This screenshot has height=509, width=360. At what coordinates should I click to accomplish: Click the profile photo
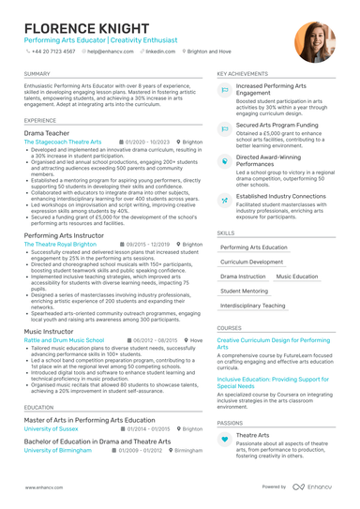(x=314, y=42)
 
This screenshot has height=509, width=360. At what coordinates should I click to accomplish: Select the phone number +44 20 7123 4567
(x=55, y=52)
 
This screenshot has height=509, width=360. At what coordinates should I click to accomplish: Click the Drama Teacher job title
(x=47, y=133)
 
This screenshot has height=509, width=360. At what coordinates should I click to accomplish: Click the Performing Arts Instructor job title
(x=65, y=234)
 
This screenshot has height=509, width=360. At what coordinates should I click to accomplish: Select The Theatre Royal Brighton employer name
(x=60, y=244)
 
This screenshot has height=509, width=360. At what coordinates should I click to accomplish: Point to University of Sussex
(x=51, y=428)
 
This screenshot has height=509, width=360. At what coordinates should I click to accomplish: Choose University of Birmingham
(x=58, y=450)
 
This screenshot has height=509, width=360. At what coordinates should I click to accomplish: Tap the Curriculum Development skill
(x=252, y=262)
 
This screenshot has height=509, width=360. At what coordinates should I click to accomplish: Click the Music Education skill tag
(x=297, y=277)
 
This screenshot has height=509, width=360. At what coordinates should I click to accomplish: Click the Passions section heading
(x=230, y=423)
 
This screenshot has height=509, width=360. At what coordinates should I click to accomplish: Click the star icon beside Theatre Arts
(x=225, y=437)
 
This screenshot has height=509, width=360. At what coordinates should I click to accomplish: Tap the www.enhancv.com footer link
(x=44, y=487)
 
